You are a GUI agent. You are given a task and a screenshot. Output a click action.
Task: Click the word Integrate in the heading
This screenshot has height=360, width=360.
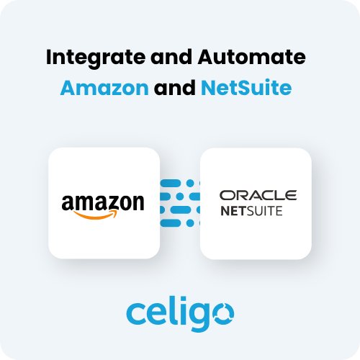tap(96, 58)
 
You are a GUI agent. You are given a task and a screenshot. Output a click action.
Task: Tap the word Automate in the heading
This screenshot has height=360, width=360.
tap(251, 57)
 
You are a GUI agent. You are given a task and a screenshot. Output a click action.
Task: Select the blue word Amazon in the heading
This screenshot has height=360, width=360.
tap(104, 88)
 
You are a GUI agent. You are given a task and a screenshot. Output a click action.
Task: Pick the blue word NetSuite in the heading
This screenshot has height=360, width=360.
tap(246, 87)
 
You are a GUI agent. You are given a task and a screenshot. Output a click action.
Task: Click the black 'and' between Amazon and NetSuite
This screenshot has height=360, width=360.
tap(175, 87)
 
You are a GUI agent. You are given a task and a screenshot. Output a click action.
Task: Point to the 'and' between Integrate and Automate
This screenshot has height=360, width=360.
tap(171, 57)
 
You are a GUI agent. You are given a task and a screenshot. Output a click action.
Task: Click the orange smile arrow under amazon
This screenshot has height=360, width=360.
tap(96, 215)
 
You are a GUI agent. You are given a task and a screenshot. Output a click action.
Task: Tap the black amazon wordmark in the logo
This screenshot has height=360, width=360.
tap(103, 203)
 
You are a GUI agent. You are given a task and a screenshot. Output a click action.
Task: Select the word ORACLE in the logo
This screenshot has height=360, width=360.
tap(258, 195)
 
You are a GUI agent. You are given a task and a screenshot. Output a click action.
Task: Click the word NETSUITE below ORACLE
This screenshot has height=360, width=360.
tap(251, 211)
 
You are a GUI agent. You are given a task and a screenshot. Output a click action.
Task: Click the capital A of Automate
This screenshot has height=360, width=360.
tap(206, 57)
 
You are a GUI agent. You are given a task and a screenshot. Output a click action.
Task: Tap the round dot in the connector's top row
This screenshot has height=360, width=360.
tap(190, 183)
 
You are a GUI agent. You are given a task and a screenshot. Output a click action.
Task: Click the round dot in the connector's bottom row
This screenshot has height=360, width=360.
tap(190, 223)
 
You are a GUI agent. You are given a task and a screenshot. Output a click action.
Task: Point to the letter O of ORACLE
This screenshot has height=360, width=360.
tap(227, 195)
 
